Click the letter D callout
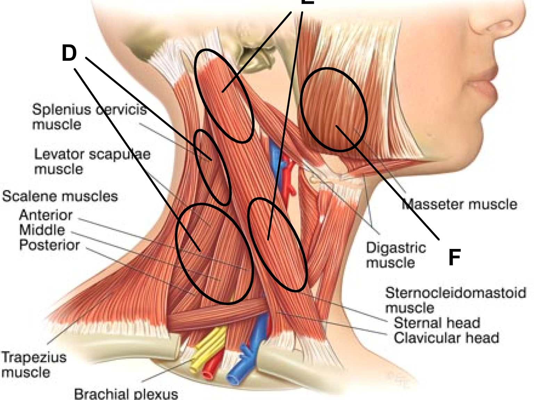coord(69,53)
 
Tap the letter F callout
coord(454,257)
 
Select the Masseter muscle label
coord(460,204)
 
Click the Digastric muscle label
coord(396,255)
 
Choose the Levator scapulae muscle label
coord(92,161)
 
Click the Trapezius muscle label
coord(34,364)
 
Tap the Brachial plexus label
coord(126,394)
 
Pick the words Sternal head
coord(437,323)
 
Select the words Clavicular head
coord(446,338)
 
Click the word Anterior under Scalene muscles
coord(46,215)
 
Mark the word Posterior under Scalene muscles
coord(49,245)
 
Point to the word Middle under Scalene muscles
coord(42,230)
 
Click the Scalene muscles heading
coord(60,196)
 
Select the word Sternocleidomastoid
coord(455,293)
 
